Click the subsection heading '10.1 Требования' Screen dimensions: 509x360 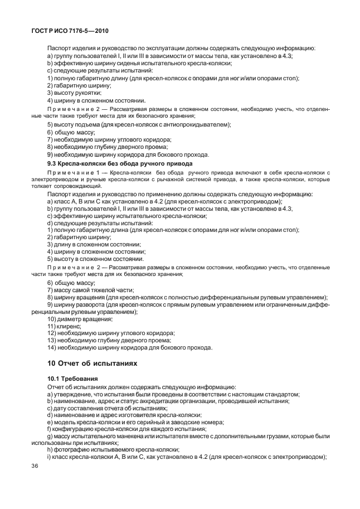tap(69, 379)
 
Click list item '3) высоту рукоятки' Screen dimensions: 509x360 tap(78, 93)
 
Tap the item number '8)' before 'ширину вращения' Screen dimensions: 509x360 tap(50, 297)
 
